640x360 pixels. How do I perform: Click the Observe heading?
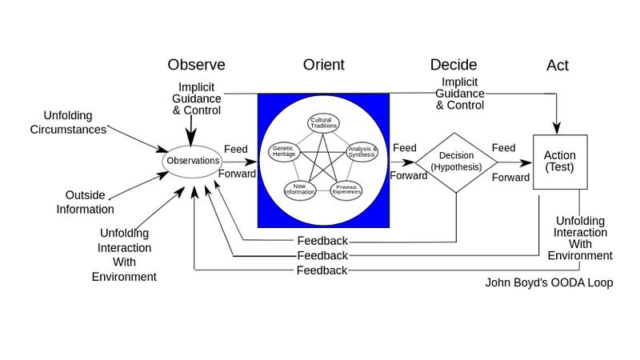point(196,65)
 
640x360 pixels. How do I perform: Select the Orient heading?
point(323,65)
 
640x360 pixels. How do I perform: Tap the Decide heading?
point(453,65)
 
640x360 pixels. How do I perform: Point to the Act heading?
point(557,65)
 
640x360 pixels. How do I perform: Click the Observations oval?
point(193,161)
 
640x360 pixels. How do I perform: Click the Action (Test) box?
point(560,162)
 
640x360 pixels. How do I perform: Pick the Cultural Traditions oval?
point(324,123)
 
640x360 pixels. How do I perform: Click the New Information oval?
point(299,190)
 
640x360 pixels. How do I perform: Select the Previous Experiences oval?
point(346,190)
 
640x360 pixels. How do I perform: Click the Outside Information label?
point(85,202)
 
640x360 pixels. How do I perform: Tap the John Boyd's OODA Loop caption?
point(549,282)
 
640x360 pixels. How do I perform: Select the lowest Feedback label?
point(322,270)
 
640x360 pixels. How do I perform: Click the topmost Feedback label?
point(322,241)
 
